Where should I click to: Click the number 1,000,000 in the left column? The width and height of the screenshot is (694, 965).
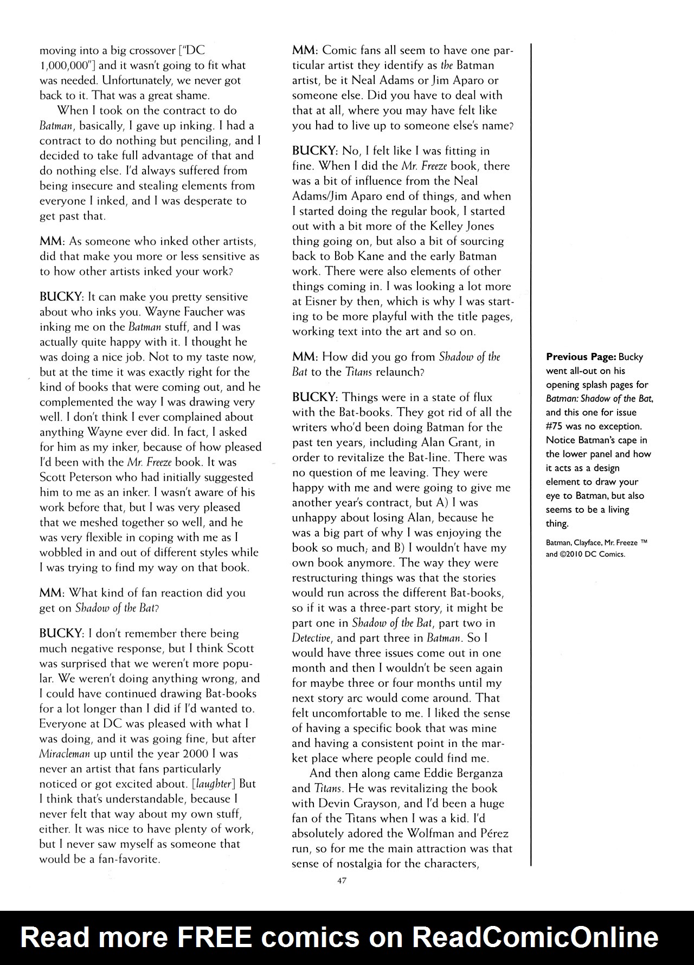point(61,66)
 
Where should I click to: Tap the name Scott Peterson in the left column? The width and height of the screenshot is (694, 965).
point(77,477)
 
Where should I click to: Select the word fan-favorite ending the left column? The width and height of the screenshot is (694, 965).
point(126,859)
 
